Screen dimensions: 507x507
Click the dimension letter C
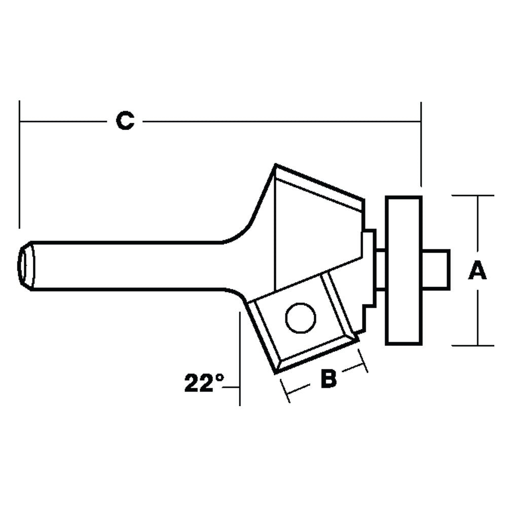[125, 121]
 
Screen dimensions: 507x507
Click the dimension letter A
[477, 271]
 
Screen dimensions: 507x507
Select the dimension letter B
[329, 379]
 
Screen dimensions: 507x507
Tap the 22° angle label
[204, 384]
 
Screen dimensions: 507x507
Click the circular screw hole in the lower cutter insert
[301, 318]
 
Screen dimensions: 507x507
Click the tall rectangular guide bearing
[404, 270]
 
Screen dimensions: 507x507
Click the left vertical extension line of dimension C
[19, 162]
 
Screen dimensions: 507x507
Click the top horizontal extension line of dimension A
[472, 195]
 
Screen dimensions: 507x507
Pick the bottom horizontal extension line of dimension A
[472, 345]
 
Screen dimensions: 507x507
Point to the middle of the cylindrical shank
[127, 265]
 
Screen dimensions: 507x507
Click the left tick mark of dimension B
[284, 389]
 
